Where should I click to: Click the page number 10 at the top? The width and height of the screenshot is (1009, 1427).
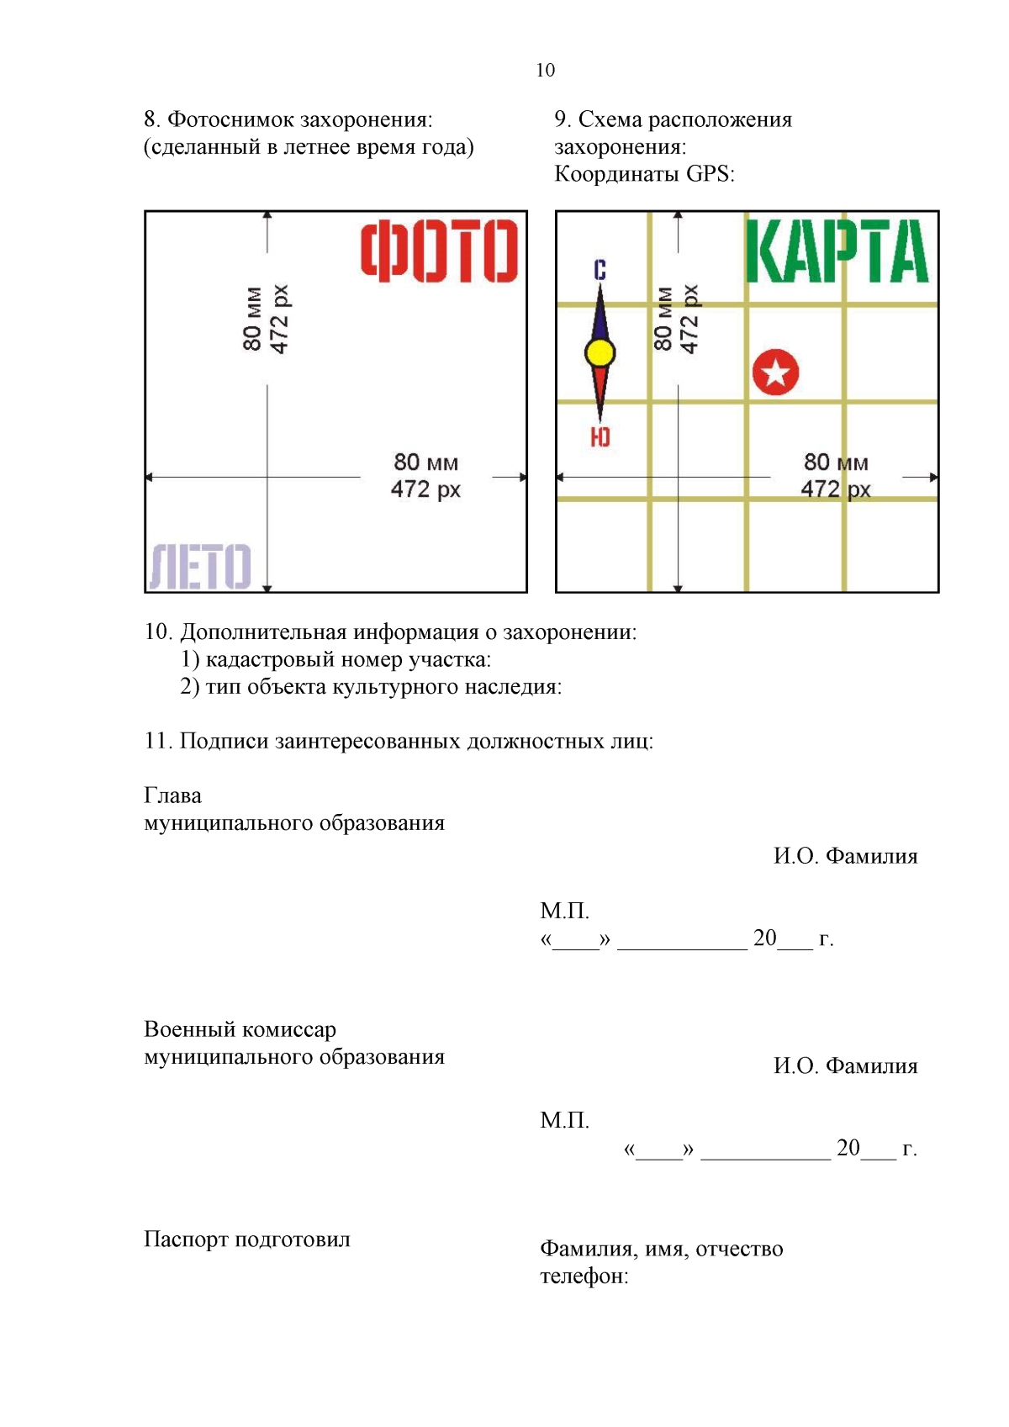[545, 71]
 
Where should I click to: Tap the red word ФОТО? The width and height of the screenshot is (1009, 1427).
[439, 251]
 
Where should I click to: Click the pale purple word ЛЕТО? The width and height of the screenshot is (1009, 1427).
[200, 566]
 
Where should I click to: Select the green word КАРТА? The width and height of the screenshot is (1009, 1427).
[837, 251]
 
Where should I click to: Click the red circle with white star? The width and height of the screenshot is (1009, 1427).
[775, 373]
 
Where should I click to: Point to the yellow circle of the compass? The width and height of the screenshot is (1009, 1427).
[600, 353]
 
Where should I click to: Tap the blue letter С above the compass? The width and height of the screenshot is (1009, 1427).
[600, 270]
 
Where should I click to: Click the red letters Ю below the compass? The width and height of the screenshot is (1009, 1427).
[600, 437]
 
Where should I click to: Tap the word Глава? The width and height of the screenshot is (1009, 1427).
[172, 796]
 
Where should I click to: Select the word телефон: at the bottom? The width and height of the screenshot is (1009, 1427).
[584, 1276]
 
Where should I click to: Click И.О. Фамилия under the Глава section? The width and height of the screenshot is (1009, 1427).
[845, 857]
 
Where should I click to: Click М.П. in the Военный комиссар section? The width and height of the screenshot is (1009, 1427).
[564, 1121]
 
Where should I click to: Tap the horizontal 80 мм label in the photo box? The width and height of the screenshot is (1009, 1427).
[425, 462]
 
